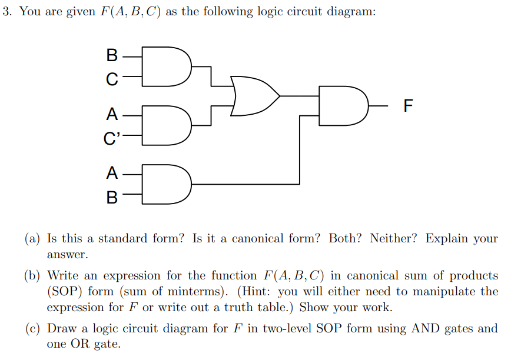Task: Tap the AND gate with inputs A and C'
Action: point(168,125)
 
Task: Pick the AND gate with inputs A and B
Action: point(168,185)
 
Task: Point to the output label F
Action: point(409,106)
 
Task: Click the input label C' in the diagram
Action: point(111,139)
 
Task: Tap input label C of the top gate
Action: point(112,78)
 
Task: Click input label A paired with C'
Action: point(112,114)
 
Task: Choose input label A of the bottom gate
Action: point(112,174)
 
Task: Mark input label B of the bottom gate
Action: point(112,196)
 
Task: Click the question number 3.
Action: point(6,12)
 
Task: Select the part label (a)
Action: point(32,239)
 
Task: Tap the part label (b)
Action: point(33,276)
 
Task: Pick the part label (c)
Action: point(32,329)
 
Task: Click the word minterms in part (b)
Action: point(194,292)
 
